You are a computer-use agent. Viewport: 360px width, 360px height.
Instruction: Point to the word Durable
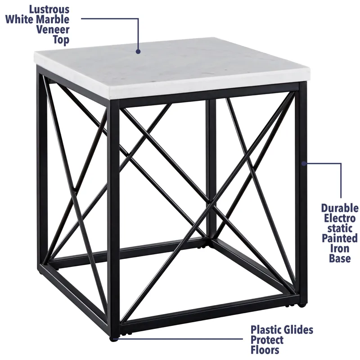[x=340, y=208]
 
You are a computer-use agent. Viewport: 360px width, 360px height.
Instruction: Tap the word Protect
[x=267, y=340]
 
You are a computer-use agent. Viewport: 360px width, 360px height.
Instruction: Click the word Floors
[x=265, y=350]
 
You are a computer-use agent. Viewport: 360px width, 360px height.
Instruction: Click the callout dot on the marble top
[x=139, y=52]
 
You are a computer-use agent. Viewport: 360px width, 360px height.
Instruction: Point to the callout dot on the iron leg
[x=303, y=163]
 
